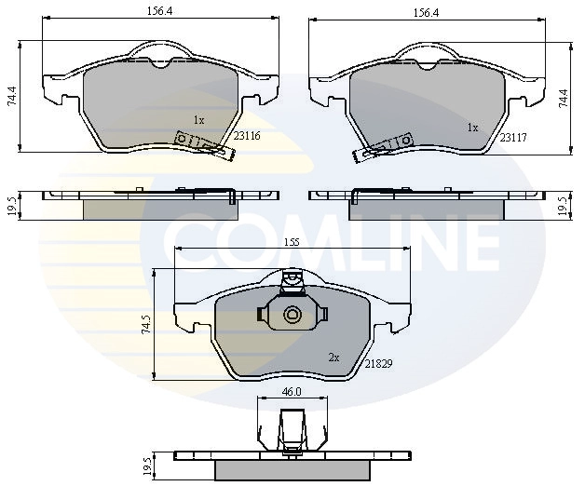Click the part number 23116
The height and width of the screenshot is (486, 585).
(x=247, y=136)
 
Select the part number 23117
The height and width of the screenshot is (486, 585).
(x=513, y=138)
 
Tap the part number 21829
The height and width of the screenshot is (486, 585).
(x=379, y=364)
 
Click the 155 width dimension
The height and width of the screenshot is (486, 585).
(x=292, y=242)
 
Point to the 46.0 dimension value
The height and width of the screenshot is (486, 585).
(x=292, y=392)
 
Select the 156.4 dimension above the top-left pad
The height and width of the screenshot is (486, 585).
(x=159, y=11)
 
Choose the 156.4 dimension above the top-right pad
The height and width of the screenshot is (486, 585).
(x=426, y=13)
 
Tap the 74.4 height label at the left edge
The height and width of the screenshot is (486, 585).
(x=12, y=96)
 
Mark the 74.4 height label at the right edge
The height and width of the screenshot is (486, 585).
(x=563, y=99)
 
